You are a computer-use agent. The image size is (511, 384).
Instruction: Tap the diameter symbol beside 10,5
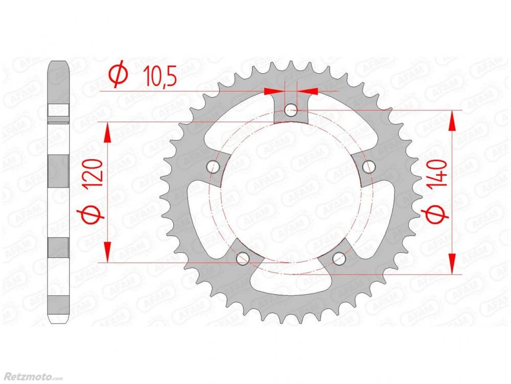coord(118,74)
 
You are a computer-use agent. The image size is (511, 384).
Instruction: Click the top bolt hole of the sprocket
coord(291,110)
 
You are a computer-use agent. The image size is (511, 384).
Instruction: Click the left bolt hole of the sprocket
coord(214,166)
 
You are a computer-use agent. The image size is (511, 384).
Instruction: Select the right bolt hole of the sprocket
coord(368,166)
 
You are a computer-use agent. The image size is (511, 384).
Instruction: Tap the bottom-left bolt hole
coord(243,258)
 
